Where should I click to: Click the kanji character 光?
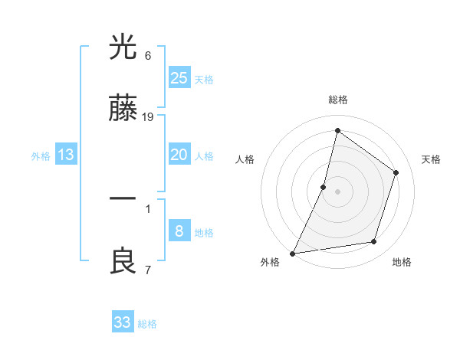pos(123,47)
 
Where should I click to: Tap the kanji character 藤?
pos(123,110)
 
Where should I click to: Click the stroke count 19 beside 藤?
pos(148,117)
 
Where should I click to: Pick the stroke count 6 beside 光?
pos(148,56)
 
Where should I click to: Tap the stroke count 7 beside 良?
pos(148,270)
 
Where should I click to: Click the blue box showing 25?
pos(179,77)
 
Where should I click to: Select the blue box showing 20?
pos(179,155)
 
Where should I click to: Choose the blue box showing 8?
pos(179,231)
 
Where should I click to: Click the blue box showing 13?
pos(66,155)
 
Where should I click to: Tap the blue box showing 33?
pos(123,322)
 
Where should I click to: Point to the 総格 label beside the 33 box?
pos(147,324)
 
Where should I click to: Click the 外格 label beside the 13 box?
pos(41,156)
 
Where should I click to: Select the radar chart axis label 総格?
pos(337,100)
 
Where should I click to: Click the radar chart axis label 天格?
pos(431,159)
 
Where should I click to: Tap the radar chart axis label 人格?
pos(245,159)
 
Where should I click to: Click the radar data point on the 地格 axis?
pos(374,242)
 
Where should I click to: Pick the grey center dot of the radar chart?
pos(337,191)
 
